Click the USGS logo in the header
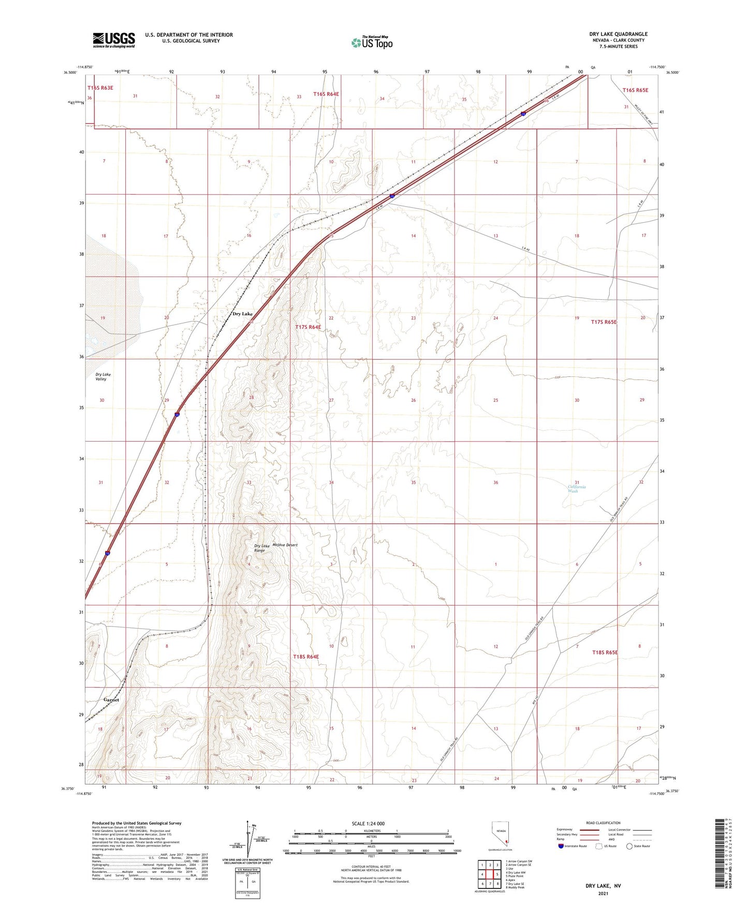coord(114,39)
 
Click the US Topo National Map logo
coord(371,42)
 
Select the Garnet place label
coord(111,700)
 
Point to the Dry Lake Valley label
coord(102,376)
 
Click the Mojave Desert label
coord(285,545)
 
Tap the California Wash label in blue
coord(577,489)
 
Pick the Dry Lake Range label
coord(261,548)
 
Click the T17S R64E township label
coord(308,327)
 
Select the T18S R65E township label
coord(605,652)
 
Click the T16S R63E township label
coord(100,88)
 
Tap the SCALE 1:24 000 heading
coord(371,823)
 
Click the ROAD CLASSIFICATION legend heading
coord(603,823)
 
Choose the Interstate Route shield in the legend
coord(561,846)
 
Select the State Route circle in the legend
coord(629,846)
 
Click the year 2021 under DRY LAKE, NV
coord(603,893)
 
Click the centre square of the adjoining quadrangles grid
coord(490,874)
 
